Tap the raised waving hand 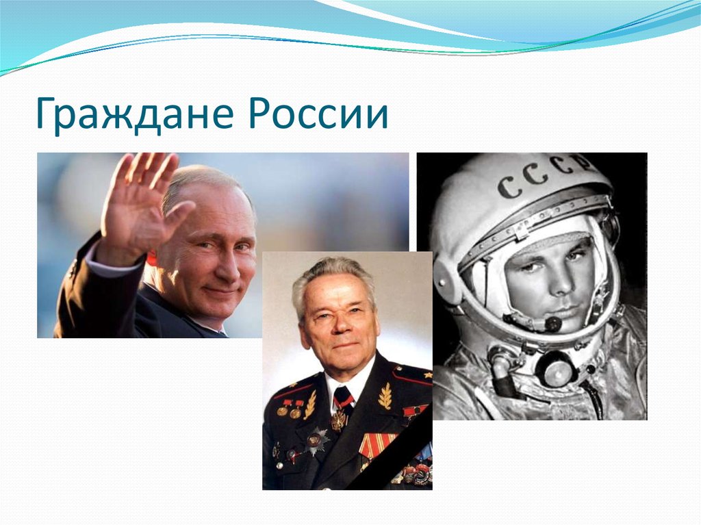click(x=140, y=201)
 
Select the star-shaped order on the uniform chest click(x=317, y=441)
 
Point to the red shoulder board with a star click(x=412, y=376)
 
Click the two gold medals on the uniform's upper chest click(x=288, y=411)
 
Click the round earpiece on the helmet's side click(x=448, y=281)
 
